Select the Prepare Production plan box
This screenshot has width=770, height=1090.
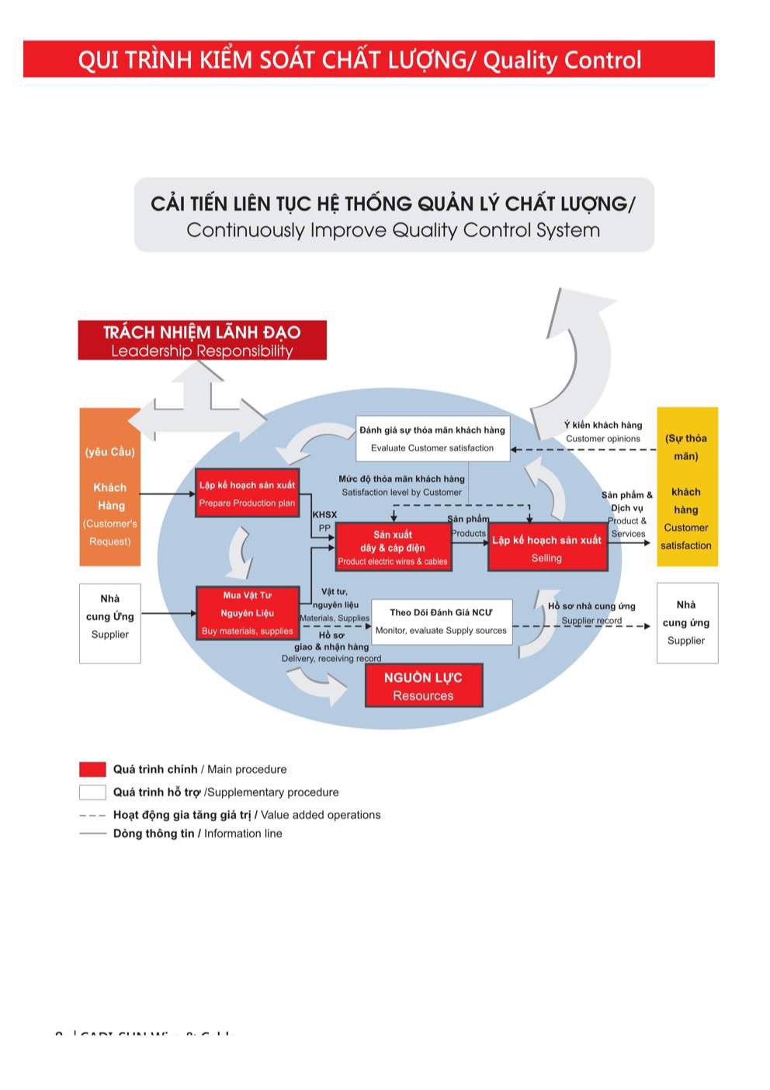(x=247, y=493)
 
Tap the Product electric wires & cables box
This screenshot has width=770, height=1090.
(x=393, y=547)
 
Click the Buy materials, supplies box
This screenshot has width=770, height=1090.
(x=247, y=613)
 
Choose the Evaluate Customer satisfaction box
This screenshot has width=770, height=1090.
(x=432, y=439)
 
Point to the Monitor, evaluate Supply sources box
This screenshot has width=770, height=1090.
(x=441, y=622)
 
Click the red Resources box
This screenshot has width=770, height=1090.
(x=423, y=686)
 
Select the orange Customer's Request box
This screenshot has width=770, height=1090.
(x=110, y=487)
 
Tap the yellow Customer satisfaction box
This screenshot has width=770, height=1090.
(x=686, y=487)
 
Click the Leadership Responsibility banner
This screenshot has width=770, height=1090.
(x=202, y=341)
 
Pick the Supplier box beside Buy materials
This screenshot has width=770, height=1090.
(x=110, y=623)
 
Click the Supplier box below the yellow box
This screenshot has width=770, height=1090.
(x=686, y=623)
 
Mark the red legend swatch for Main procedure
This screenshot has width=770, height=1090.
(x=92, y=769)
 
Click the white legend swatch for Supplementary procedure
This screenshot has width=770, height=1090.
(x=92, y=792)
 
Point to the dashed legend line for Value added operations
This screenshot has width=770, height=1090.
(x=92, y=815)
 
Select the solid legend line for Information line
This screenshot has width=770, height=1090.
(x=92, y=834)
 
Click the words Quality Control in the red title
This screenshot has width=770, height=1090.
(x=562, y=60)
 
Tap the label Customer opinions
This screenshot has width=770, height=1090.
(x=603, y=439)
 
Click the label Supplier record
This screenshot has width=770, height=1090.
(x=591, y=621)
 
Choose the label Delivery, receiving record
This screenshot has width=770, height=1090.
(x=331, y=659)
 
